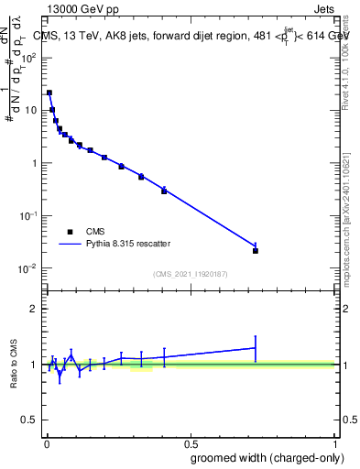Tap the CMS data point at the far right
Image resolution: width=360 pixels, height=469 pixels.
click(256, 250)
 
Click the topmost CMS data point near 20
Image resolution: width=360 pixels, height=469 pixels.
click(49, 93)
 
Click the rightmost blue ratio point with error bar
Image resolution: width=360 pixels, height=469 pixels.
click(256, 347)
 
